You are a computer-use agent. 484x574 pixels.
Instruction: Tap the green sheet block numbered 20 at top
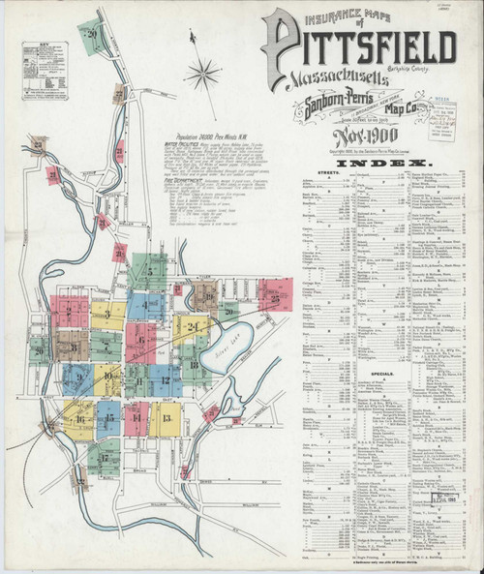(93, 37)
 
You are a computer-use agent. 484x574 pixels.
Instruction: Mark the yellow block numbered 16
(78, 420)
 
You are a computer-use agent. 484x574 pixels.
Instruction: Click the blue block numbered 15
(108, 419)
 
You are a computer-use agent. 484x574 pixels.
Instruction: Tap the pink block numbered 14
(136, 418)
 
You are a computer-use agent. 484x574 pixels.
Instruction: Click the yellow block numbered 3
(108, 315)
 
